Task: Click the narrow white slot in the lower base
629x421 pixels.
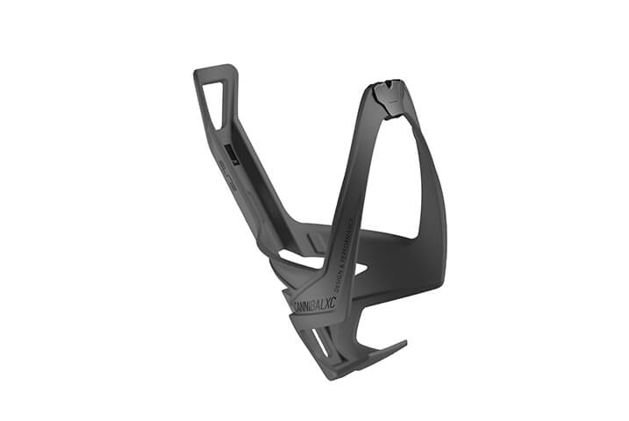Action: pos(320,346)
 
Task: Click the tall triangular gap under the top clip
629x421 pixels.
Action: pos(386,167)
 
